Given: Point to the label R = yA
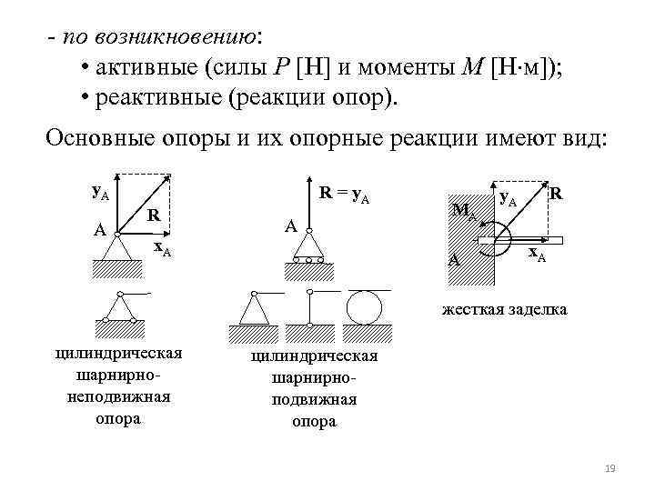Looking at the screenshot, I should (344, 193).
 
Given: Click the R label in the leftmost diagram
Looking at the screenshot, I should (155, 215).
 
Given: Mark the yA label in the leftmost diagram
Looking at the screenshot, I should (101, 192).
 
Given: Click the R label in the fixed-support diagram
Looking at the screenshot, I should (555, 193).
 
